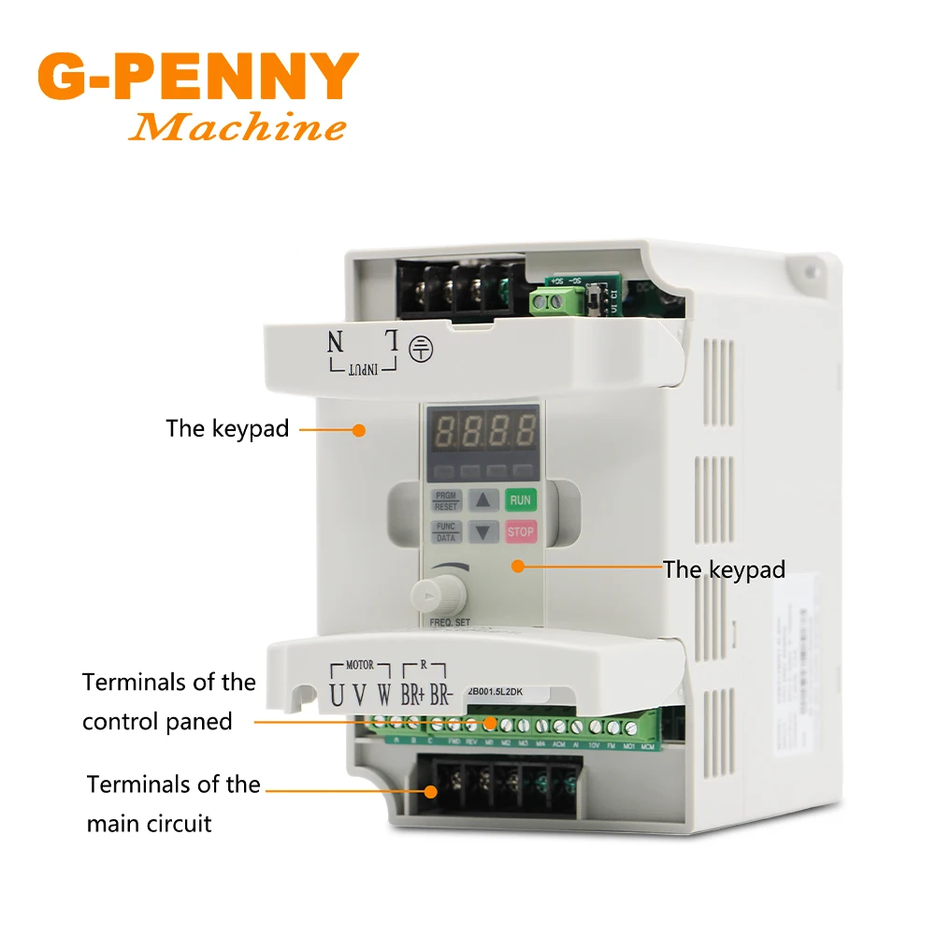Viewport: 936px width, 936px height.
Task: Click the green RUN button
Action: tap(520, 500)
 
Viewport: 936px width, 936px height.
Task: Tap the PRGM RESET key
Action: tap(446, 500)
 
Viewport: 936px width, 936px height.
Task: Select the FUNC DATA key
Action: tap(446, 532)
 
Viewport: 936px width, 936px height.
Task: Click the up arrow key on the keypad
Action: tap(482, 500)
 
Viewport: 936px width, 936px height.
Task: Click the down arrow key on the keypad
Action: tap(482, 532)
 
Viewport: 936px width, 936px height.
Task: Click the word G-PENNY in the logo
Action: tap(198, 79)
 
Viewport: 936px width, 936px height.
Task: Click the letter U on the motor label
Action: tap(337, 697)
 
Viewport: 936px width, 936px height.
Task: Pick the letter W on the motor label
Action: tap(383, 697)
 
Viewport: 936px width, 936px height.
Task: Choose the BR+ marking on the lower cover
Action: tap(410, 697)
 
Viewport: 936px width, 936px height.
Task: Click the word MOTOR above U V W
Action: tap(359, 666)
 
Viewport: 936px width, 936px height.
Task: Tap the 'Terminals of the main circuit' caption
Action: tap(174, 803)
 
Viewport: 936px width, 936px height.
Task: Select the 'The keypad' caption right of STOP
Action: tap(725, 569)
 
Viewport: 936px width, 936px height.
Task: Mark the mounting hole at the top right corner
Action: tap(802, 271)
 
